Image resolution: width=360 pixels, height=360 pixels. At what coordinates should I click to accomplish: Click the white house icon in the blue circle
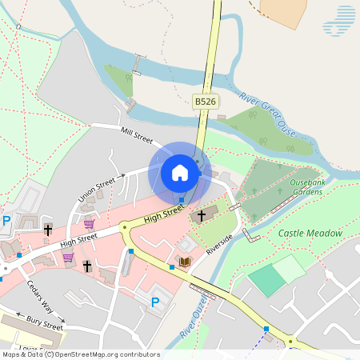(x=180, y=172)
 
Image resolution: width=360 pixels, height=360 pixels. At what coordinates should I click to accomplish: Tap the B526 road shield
(x=206, y=102)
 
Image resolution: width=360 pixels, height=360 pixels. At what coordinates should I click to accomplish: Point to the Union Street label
(x=96, y=192)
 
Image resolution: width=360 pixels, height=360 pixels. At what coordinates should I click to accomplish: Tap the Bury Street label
(x=44, y=326)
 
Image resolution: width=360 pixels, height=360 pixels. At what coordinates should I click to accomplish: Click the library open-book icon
(x=185, y=262)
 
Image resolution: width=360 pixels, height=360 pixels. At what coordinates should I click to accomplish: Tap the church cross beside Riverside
(x=201, y=215)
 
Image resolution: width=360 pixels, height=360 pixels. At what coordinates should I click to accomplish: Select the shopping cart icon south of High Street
(x=68, y=258)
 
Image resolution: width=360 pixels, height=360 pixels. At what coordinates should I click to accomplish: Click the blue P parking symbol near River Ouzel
(x=155, y=302)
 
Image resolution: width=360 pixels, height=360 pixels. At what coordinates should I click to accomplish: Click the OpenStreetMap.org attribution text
(x=106, y=354)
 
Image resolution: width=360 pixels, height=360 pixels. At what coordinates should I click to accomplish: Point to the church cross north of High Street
(x=48, y=230)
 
